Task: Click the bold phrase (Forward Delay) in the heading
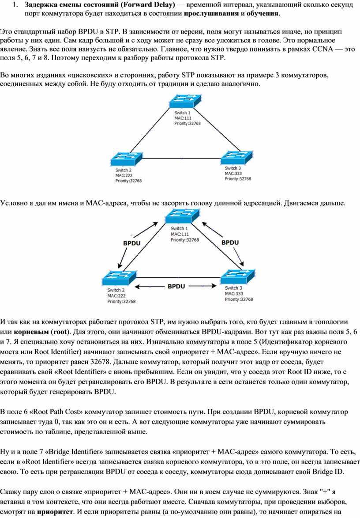coord(150,5)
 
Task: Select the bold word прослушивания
coord(211,14)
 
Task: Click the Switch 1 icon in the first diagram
coord(185,102)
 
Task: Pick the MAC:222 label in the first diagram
coord(124,175)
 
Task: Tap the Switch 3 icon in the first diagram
coord(236,157)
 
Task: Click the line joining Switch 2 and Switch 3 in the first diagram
coord(182,158)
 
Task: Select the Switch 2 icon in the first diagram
coord(126,159)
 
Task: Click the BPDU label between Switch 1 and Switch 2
coord(131,243)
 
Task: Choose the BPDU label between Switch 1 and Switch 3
coord(230,242)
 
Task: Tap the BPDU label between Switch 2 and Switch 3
coord(176,286)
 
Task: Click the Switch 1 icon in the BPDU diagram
coord(182,216)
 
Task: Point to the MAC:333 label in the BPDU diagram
coord(234,294)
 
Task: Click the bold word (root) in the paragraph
coord(60,332)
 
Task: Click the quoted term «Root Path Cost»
coord(56,412)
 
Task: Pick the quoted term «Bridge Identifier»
coord(71,452)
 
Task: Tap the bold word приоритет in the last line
coord(55,512)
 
